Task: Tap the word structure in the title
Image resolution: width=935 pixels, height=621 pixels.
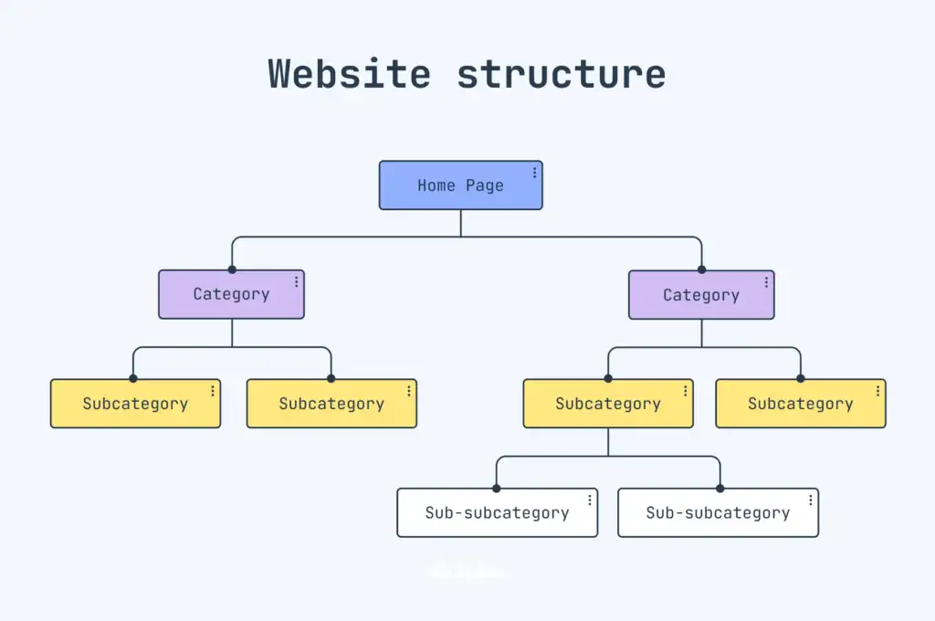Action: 562,73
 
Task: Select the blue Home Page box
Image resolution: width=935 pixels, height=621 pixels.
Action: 460,185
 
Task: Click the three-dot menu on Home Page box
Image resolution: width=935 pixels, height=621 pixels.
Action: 534,173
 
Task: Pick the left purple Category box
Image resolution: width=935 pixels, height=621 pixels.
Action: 231,294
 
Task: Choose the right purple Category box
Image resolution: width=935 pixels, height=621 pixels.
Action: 701,295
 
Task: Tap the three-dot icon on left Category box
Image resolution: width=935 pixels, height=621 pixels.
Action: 296,282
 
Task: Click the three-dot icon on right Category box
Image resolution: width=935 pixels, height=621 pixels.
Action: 766,282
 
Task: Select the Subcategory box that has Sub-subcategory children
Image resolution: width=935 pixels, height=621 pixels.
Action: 608,404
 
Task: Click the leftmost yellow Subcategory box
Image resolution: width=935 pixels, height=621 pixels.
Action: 135,404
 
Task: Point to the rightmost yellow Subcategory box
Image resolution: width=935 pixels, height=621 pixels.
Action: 801,404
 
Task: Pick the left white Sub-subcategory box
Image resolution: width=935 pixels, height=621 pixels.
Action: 497,512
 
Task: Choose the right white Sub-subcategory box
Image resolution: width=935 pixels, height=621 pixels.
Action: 718,512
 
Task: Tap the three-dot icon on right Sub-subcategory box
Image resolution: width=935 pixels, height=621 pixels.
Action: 811,500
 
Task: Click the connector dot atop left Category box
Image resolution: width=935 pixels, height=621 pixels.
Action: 232,269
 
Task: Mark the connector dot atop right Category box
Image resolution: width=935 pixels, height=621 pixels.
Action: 701,269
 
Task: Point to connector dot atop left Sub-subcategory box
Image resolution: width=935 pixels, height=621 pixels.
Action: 497,489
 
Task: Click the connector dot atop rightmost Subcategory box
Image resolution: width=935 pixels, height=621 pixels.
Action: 801,379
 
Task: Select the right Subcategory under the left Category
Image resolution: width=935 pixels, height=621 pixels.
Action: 331,404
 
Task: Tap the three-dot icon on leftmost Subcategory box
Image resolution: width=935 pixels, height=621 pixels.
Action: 213,391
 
